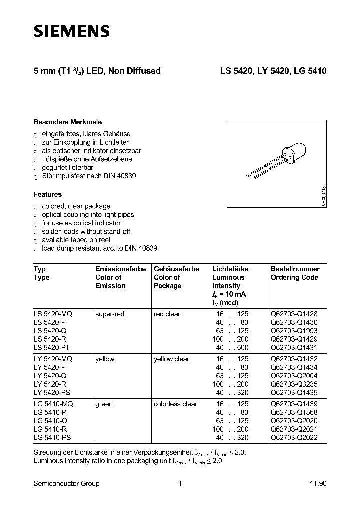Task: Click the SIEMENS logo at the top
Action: click(71, 31)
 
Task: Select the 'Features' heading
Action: click(48, 194)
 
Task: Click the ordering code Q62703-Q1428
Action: click(294, 314)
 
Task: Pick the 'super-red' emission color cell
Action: click(110, 314)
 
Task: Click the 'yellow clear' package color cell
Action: click(171, 359)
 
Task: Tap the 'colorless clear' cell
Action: click(175, 404)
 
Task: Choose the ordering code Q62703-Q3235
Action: click(294, 384)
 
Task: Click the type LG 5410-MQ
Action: click(53, 404)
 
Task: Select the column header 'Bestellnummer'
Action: click(295, 269)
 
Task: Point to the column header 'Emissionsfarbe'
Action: click(120, 269)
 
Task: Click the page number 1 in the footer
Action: click(180, 483)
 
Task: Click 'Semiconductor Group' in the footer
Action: click(66, 483)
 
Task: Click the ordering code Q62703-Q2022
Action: click(294, 437)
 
